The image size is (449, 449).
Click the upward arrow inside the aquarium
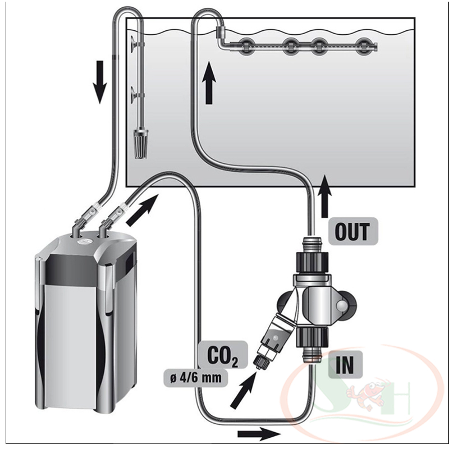pos(209,84)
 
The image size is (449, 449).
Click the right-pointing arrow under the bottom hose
pos(258,433)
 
